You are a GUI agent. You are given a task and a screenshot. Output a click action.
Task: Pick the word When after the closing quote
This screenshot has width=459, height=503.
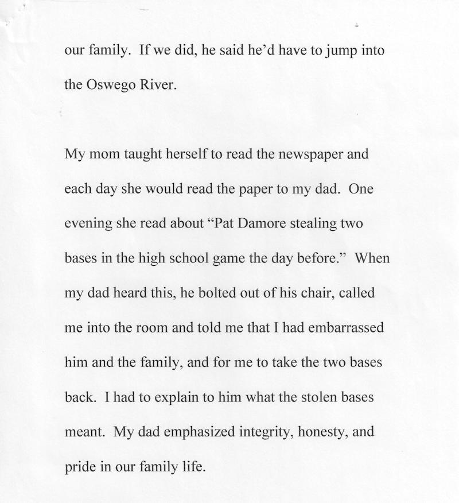coord(372,258)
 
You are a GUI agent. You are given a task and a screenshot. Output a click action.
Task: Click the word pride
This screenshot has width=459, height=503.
coord(80,467)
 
